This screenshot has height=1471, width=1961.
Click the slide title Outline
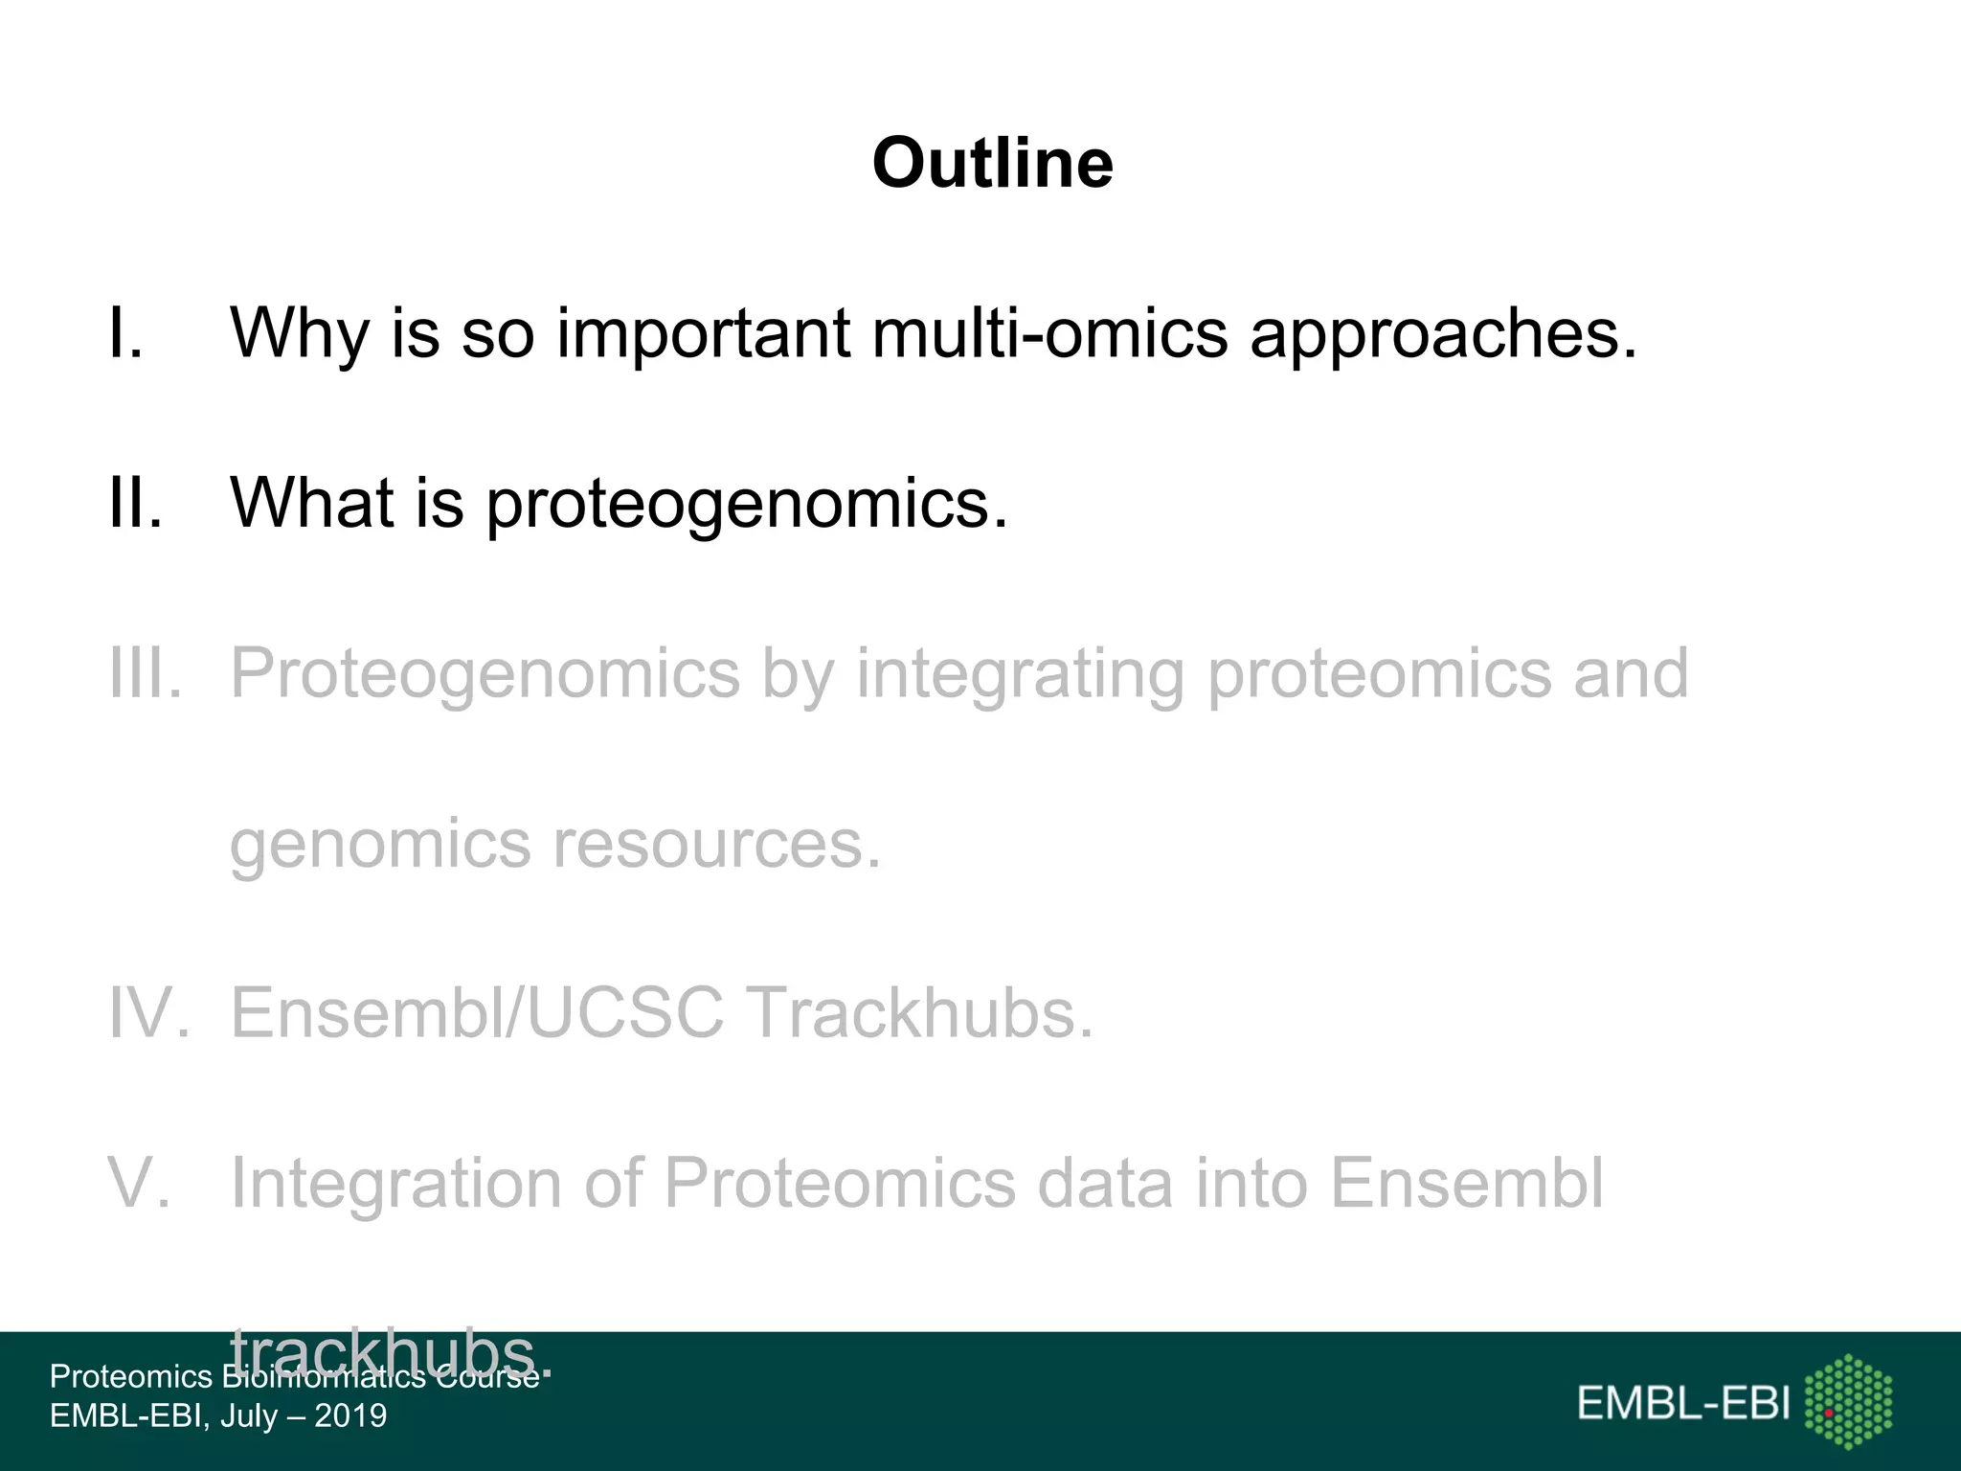pos(992,163)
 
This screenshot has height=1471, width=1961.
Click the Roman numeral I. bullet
pos(126,333)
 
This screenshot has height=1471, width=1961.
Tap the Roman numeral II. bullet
pos(135,503)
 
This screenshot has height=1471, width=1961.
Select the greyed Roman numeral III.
pos(145,673)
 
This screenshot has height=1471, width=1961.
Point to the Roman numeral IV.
pos(148,1013)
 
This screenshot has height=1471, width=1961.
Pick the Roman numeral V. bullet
pos(140,1184)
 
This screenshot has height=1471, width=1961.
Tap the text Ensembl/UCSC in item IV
pos(477,1013)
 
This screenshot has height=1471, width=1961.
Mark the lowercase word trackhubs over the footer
pos(383,1352)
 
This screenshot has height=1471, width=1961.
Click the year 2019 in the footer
pos(350,1415)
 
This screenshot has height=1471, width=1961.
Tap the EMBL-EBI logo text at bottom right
pos(1683,1404)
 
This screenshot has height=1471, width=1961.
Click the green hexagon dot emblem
pos(1848,1401)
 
